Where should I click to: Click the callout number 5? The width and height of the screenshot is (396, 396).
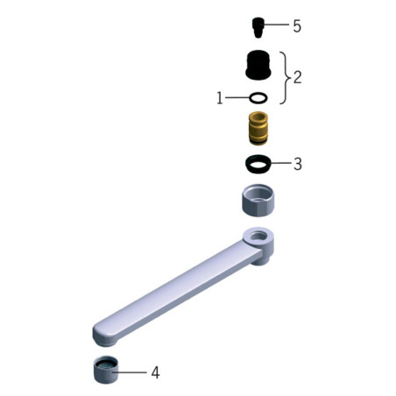tap(297, 26)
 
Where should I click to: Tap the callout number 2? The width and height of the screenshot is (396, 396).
tap(297, 77)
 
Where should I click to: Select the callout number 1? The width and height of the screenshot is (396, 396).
tap(220, 98)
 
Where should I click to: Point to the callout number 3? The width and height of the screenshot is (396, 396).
tap(297, 164)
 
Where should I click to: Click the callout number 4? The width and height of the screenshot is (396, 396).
tap(155, 372)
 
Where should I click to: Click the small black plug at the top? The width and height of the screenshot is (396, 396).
tap(258, 27)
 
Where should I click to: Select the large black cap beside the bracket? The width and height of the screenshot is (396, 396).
tap(258, 65)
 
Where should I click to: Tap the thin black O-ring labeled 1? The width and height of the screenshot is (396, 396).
tap(258, 98)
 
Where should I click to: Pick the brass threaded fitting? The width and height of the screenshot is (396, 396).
tap(258, 128)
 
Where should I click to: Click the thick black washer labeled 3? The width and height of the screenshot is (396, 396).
tap(258, 164)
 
